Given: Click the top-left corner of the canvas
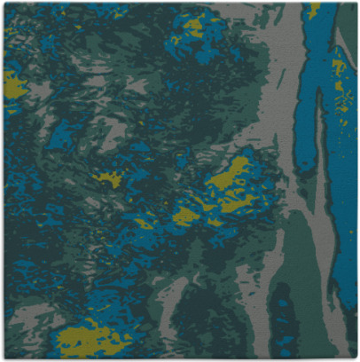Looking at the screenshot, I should coord(3,3).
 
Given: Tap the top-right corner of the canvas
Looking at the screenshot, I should coord(357,3).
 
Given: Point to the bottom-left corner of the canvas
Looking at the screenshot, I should coord(3,359).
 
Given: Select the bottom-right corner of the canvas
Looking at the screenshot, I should coord(357,359).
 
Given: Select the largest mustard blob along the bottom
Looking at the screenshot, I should coord(89,338).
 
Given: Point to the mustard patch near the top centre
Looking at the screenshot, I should coord(193,27).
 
